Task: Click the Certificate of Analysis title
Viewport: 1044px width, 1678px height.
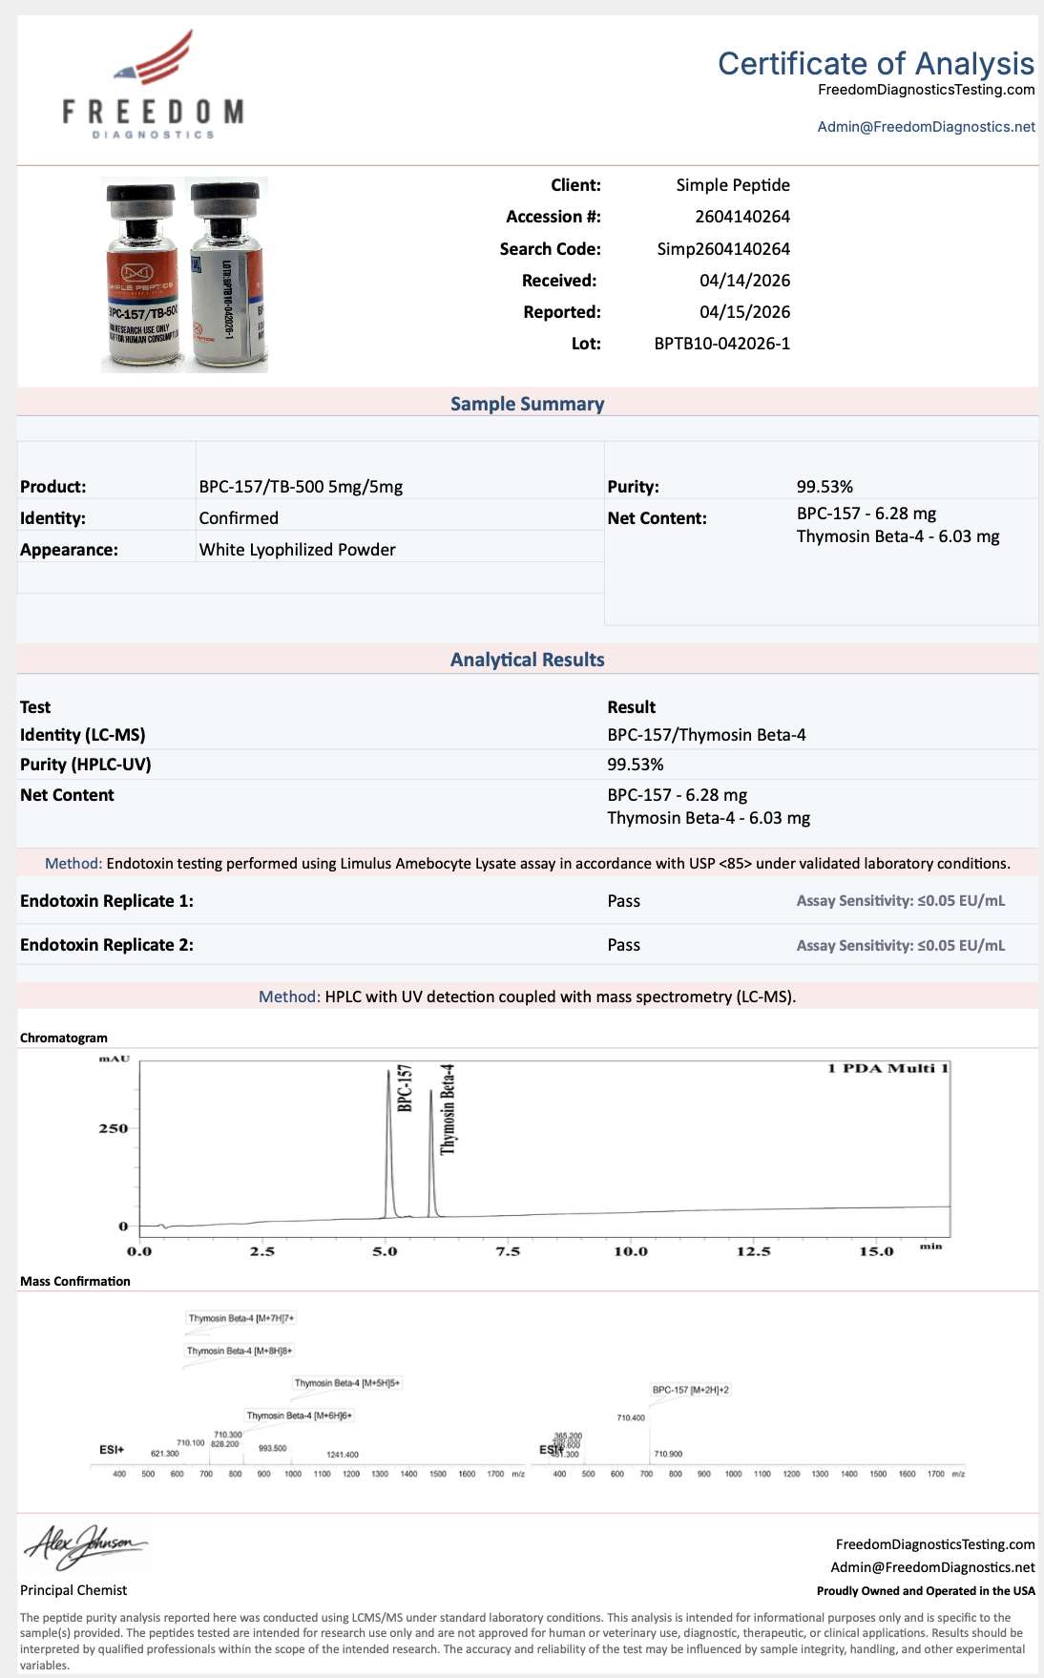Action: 875,64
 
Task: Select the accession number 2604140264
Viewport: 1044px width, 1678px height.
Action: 741,217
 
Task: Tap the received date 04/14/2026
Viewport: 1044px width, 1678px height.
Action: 744,281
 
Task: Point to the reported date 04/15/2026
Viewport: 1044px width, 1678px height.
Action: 744,312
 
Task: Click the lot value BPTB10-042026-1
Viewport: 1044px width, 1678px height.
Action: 721,344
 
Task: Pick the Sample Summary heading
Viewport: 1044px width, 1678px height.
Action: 527,404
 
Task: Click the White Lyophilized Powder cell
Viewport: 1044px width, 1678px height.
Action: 297,550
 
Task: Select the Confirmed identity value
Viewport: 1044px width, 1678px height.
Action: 239,518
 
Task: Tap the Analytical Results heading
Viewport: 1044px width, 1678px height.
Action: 527,660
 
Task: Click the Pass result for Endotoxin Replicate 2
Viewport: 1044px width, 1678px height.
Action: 623,945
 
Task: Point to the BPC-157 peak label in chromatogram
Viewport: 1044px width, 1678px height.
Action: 405,1088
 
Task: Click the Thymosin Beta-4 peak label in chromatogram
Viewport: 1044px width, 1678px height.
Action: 448,1109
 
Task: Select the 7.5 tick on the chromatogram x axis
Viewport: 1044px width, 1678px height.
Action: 508,1251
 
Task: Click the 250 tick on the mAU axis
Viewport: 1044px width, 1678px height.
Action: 114,1128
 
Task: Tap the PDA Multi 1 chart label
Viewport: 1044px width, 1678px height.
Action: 887,1068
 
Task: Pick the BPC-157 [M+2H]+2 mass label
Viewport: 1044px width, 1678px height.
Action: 690,1390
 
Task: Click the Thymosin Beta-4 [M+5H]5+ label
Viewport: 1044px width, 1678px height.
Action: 347,1383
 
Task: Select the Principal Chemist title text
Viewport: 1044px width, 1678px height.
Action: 73,1590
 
